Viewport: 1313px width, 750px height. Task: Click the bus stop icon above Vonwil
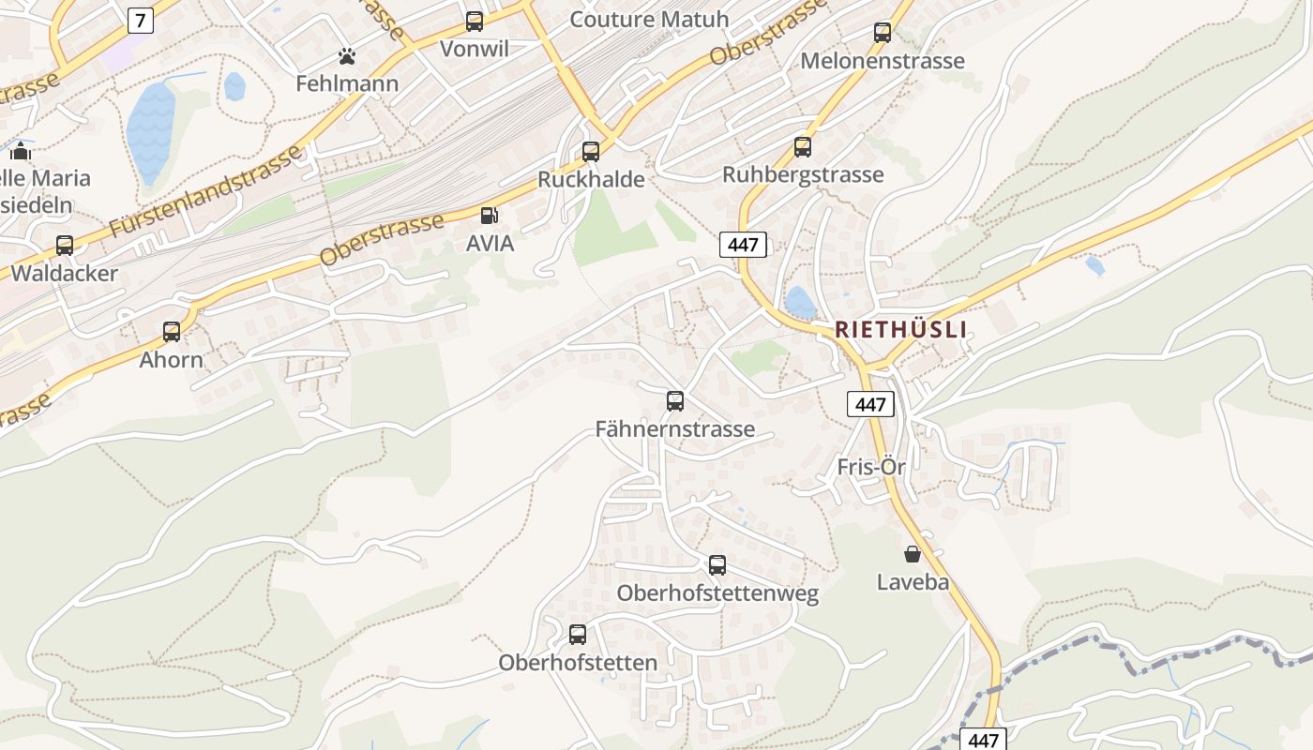pos(475,21)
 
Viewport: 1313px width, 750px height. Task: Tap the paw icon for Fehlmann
pos(347,56)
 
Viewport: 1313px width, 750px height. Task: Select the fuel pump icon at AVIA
pos(489,216)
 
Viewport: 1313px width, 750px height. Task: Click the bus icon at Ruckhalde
pos(591,152)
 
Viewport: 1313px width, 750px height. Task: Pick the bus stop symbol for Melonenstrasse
pos(883,33)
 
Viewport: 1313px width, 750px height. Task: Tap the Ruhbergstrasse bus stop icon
pos(803,147)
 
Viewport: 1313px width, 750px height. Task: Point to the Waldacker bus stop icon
pos(65,246)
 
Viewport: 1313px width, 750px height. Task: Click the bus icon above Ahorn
pos(172,332)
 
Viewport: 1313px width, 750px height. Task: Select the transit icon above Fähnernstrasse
pos(675,401)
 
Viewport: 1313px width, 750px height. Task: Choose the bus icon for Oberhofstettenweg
pos(717,565)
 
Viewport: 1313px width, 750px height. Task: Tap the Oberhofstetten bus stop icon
pos(578,635)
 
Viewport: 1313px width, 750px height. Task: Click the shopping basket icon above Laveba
pos(913,554)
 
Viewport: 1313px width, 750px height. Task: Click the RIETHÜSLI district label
pos(900,330)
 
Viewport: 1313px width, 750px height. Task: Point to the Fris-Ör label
pos(871,467)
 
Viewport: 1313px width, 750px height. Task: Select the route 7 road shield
pos(140,20)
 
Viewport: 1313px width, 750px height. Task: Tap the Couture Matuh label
pos(649,19)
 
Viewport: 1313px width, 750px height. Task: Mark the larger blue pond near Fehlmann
pos(150,131)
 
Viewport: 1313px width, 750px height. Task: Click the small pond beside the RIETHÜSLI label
pos(800,303)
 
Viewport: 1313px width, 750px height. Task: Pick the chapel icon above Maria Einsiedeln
pos(21,150)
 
